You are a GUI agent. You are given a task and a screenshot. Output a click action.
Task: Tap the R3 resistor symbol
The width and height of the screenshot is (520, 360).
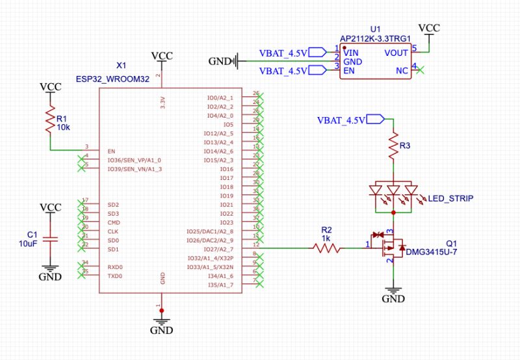393,148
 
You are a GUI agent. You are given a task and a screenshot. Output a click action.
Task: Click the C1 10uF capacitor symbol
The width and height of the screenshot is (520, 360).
50,238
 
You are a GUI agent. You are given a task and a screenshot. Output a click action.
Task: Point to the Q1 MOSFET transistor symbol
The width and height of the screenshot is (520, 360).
391,246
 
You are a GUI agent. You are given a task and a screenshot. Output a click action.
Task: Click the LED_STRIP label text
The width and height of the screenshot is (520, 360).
451,198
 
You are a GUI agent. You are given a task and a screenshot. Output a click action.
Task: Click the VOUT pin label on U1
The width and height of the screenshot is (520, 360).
396,53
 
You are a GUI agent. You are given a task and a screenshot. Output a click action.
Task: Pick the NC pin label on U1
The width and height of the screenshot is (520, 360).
403,70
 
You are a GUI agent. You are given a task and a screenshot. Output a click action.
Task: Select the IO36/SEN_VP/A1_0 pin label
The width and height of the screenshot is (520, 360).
134,160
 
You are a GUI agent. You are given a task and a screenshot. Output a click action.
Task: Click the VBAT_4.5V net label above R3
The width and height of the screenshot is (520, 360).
344,120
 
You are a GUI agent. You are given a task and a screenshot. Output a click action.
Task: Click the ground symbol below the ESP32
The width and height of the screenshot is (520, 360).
161,323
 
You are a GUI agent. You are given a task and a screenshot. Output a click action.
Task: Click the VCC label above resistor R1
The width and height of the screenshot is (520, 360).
51,86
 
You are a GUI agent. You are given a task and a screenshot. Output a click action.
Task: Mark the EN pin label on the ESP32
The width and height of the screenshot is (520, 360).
111,151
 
